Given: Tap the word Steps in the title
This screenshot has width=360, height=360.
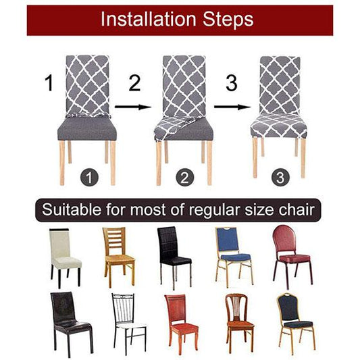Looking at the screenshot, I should (228, 20).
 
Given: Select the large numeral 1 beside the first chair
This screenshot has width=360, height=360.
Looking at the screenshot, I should (48, 84).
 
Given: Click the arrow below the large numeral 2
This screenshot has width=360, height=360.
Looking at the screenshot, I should (131, 106).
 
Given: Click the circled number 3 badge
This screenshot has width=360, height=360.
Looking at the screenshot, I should (280, 179).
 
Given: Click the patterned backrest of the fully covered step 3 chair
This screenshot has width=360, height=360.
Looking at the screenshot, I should (279, 84).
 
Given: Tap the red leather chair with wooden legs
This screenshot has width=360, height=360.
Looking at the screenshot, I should (182, 321).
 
